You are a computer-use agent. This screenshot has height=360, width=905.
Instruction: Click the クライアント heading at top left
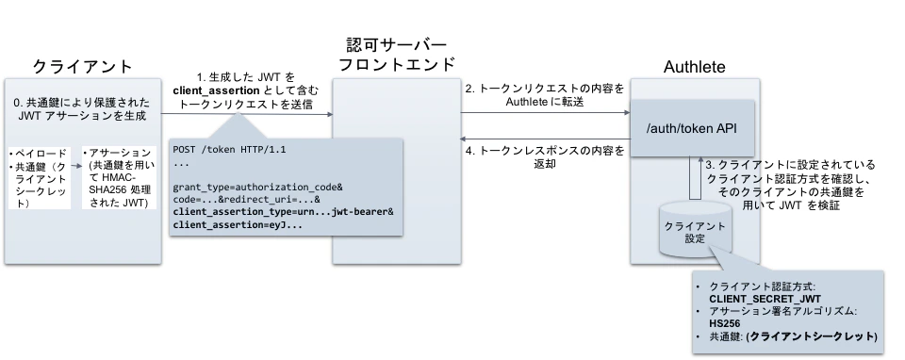coord(82,66)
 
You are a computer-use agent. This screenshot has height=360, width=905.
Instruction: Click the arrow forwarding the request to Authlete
coord(545,114)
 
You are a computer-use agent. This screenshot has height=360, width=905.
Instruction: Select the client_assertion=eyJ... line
coord(239,226)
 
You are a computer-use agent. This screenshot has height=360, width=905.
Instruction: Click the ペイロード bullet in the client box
coord(34,151)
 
